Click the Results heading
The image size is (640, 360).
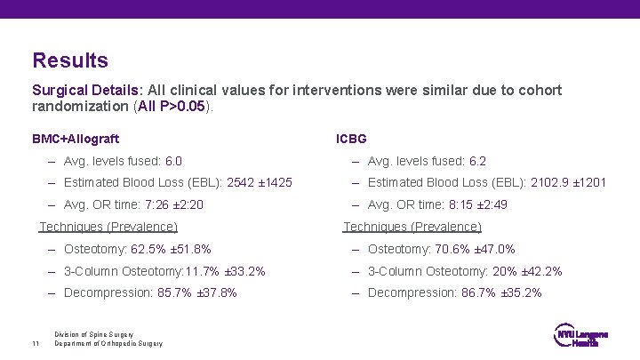pos(70,60)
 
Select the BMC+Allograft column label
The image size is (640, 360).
pos(76,139)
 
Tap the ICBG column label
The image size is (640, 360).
pos(351,139)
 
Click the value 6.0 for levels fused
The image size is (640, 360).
pos(173,161)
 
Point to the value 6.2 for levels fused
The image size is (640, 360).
pos(477,161)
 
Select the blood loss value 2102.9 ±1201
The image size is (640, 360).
pos(568,183)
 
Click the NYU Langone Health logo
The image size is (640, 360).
pos(581,338)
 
